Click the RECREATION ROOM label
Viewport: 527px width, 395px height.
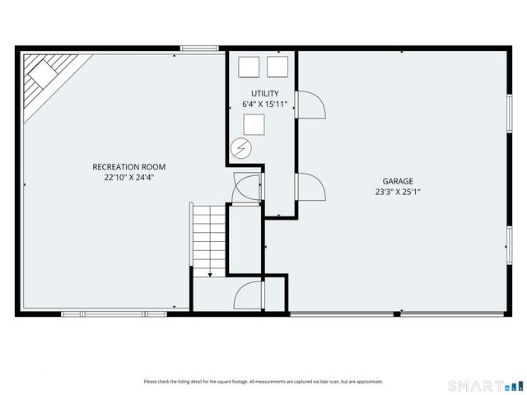(123, 166)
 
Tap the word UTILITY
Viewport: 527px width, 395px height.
(265, 93)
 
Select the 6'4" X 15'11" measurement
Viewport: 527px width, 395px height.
(265, 105)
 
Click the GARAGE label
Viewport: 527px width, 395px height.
(397, 181)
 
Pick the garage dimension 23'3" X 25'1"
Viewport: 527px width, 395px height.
(397, 193)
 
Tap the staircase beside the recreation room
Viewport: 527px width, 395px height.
(209, 239)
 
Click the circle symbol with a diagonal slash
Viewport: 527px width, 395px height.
(241, 147)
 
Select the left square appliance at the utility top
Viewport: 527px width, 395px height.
(249, 67)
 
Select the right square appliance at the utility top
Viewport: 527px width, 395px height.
(277, 67)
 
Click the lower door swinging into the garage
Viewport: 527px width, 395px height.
(310, 188)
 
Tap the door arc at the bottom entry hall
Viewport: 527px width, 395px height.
(248, 297)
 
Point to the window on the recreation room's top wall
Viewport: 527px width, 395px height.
(199, 49)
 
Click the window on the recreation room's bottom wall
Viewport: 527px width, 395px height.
(115, 314)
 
